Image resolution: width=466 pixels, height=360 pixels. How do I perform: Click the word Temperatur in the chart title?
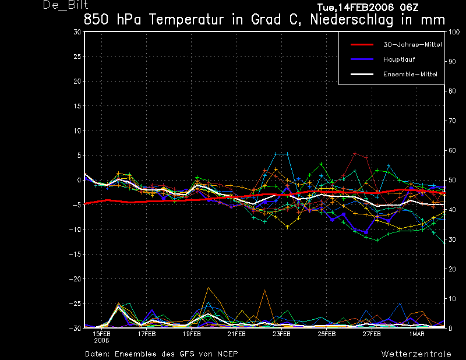coord(186,20)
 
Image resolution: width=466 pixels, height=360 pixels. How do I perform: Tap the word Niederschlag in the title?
coord(352,20)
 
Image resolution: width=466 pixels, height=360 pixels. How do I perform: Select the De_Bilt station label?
coord(65,5)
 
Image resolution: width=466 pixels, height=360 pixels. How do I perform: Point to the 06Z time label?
coord(409,7)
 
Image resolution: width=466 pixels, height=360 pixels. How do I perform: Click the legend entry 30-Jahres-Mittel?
coord(412,45)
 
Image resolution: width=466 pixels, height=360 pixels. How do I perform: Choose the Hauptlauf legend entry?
coord(399,59)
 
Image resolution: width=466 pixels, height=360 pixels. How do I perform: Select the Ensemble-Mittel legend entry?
coord(410,75)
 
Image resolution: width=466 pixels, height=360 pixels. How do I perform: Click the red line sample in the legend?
coord(362,45)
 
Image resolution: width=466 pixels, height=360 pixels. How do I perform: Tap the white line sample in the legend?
coord(362,75)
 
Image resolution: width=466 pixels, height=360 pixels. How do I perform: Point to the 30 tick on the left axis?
coord(77,31)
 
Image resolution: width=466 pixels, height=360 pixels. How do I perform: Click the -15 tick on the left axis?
coord(75,254)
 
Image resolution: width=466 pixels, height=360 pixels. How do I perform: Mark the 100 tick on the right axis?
coord(454,32)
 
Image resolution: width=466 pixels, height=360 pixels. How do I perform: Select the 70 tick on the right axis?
coord(452,121)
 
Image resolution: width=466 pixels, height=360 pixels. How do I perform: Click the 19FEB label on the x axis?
coord(192,334)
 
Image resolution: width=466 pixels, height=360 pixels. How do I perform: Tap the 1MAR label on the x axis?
coord(417,334)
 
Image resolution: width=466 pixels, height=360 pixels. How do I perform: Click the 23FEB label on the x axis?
coord(281,334)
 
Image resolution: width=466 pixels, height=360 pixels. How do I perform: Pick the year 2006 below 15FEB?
coord(101,341)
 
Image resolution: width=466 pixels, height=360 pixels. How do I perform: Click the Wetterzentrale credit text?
coord(416,354)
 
